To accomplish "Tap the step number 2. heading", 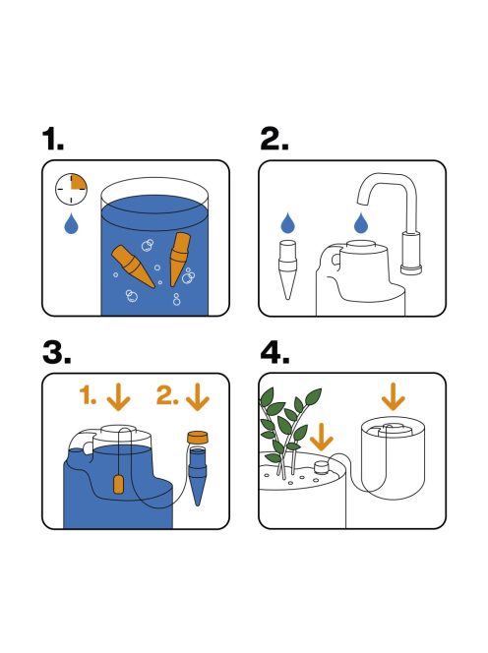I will click(x=275, y=140).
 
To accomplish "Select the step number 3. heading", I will click(x=59, y=354).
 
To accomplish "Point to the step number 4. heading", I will click(x=276, y=354).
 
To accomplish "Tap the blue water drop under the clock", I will click(x=72, y=226).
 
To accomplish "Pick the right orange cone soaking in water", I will click(x=180, y=258).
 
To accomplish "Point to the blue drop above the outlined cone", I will click(x=286, y=221).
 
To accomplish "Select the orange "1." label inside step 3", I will click(x=89, y=397).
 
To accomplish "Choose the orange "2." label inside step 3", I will click(x=167, y=397).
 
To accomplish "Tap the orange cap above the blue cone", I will click(x=200, y=438).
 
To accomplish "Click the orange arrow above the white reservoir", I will click(x=394, y=397).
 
